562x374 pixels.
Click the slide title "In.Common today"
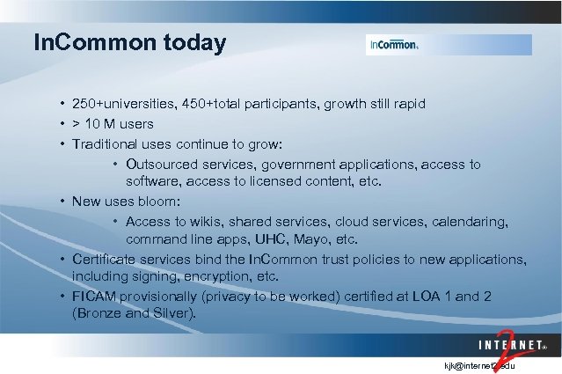[x=129, y=42]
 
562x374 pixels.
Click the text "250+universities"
[x=124, y=104]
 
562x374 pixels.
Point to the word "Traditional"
[x=106, y=143]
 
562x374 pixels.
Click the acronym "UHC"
[x=255, y=239]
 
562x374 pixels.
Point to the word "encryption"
[x=241, y=276]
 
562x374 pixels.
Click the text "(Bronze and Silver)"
[x=136, y=313]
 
